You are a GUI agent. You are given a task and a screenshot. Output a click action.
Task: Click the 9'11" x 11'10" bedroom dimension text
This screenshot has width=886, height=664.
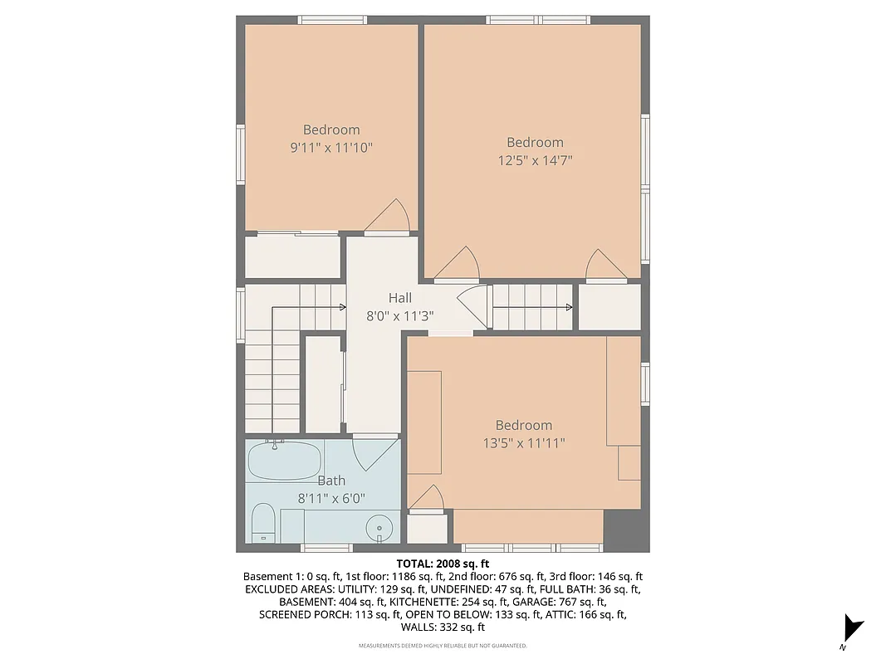(331, 148)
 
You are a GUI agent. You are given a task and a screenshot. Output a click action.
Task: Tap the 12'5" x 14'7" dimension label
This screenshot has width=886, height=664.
(535, 160)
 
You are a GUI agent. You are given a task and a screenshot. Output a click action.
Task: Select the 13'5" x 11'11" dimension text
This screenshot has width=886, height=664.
(524, 443)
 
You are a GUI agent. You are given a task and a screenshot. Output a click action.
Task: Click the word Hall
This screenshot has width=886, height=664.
(399, 298)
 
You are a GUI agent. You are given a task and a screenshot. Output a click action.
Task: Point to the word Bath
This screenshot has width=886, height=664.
(331, 481)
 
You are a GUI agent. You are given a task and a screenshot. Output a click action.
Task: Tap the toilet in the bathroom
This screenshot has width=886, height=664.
(263, 522)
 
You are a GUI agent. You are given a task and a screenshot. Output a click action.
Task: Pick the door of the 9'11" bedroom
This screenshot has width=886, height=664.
(389, 218)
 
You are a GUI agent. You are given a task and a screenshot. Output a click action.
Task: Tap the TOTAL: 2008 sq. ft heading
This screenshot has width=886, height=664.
(443, 563)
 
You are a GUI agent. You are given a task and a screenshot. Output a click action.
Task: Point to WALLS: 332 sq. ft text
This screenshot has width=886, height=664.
(443, 627)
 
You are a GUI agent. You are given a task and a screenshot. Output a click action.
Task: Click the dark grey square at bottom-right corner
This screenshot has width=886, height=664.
(625, 530)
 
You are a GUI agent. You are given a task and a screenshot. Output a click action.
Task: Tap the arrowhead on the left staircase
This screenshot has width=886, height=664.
(342, 307)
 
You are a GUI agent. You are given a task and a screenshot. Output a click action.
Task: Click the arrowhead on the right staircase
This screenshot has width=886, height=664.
(569, 307)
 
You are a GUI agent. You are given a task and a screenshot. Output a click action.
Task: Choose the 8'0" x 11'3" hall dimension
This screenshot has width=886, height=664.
(399, 316)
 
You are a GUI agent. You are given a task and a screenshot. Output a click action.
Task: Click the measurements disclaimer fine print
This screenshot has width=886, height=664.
(443, 646)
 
